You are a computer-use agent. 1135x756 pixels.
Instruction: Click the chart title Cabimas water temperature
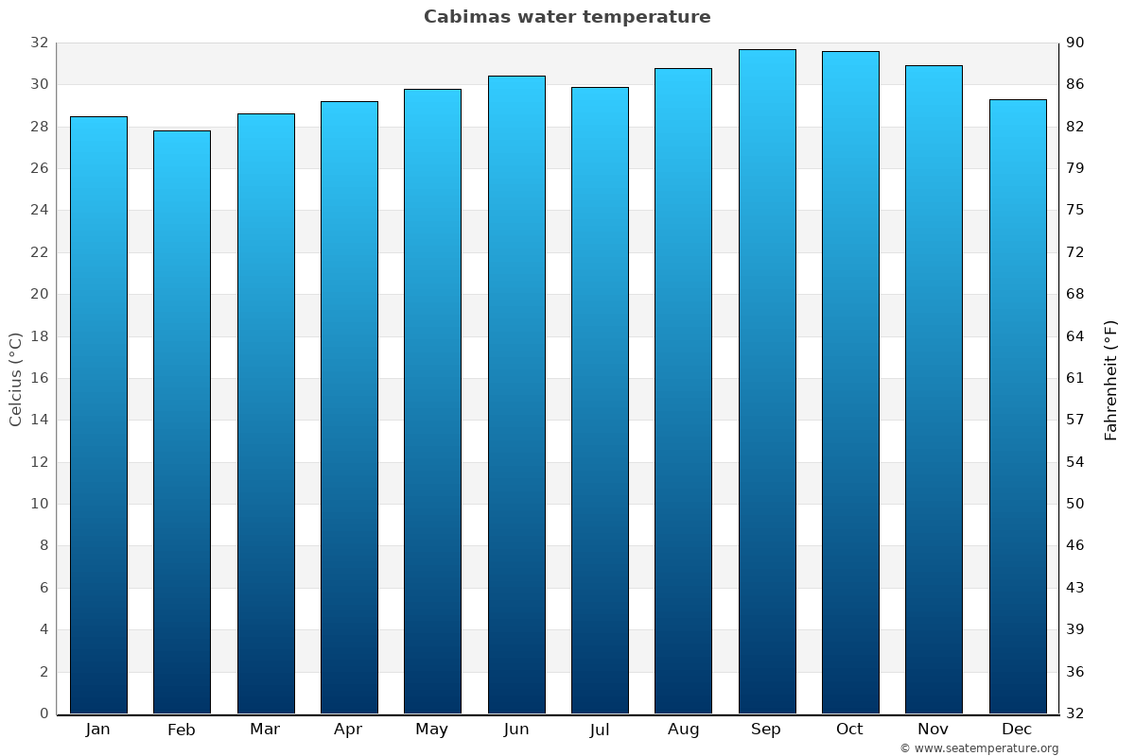coord(567,17)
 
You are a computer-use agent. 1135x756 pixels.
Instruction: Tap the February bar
coord(182,421)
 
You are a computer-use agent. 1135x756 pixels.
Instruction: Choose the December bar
coord(1017,406)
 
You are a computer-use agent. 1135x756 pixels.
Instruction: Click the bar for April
coord(349,407)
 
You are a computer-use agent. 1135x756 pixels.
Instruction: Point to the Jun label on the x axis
coord(516,730)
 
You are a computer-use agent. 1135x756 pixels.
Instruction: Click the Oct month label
coord(849,730)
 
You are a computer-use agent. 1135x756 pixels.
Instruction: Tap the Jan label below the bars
coord(98,730)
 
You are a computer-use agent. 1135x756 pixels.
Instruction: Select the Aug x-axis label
coord(683,730)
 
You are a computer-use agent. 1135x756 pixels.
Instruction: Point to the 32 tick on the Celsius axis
coord(39,43)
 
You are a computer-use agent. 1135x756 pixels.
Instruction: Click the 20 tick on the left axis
coord(39,294)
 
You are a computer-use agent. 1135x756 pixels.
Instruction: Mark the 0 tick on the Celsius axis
coord(44,713)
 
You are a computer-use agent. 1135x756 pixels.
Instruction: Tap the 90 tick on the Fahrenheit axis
coord(1075,43)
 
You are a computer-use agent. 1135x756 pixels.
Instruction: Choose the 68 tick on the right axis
coord(1075,294)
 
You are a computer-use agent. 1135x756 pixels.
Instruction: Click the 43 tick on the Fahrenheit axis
coord(1075,588)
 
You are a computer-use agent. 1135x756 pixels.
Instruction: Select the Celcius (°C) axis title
coord(15,378)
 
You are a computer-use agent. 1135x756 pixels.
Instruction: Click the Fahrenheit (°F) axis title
coord(1110,380)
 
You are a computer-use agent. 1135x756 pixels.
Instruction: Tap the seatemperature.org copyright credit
coord(979,748)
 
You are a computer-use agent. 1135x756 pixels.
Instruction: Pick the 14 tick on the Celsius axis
coord(39,420)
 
